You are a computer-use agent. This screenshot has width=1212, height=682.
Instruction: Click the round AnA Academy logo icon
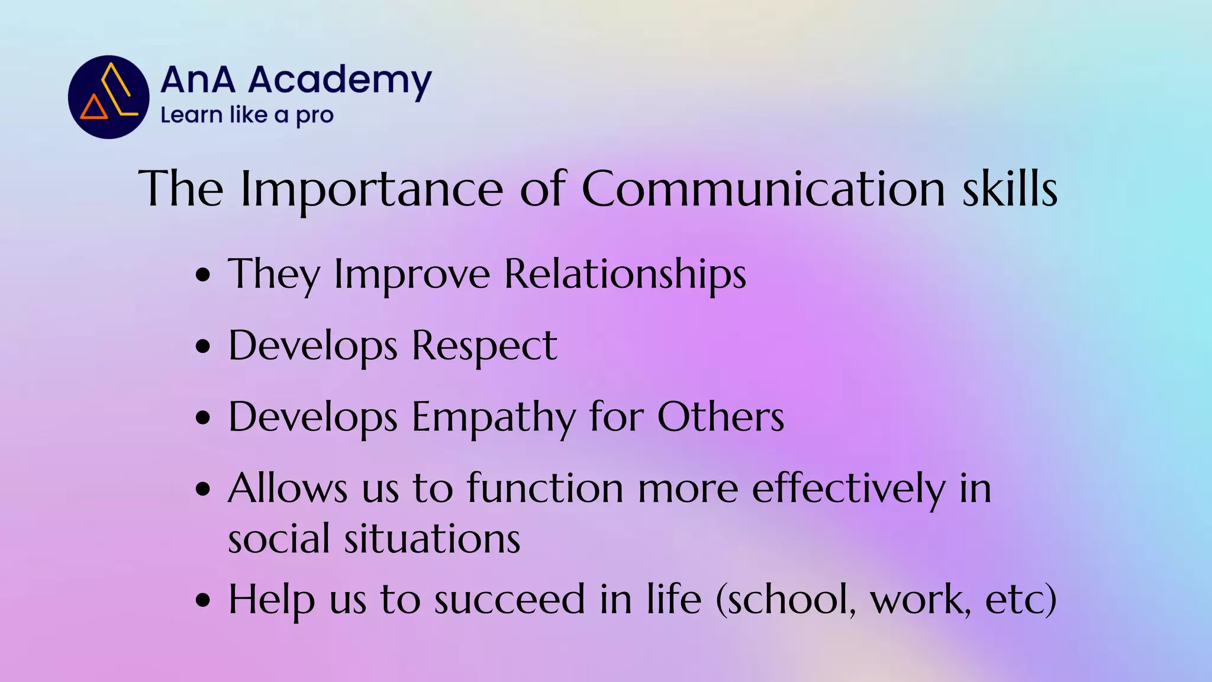coord(108,97)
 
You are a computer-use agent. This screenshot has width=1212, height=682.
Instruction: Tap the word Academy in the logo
coord(340,81)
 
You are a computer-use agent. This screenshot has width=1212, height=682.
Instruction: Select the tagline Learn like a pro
coord(247,115)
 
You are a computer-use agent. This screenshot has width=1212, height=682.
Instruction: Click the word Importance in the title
coord(372,189)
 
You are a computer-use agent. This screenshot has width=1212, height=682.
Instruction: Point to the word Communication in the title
coord(763,189)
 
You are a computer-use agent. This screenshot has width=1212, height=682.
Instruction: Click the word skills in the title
coord(1010,189)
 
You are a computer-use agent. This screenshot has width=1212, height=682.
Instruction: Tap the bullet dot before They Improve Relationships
coord(203,275)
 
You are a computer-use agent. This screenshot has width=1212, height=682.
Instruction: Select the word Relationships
coord(625,275)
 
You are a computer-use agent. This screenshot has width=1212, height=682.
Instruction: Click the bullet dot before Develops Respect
coord(203,346)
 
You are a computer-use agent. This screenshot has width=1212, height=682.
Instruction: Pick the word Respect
coord(484,346)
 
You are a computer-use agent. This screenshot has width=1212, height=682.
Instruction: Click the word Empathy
coord(493,418)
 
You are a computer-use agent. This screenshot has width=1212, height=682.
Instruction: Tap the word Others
coord(720,418)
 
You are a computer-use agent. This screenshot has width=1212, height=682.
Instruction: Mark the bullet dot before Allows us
coord(203,490)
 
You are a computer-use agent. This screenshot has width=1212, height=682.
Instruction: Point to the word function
coord(545,490)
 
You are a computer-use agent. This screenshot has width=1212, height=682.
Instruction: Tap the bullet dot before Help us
coord(203,600)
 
